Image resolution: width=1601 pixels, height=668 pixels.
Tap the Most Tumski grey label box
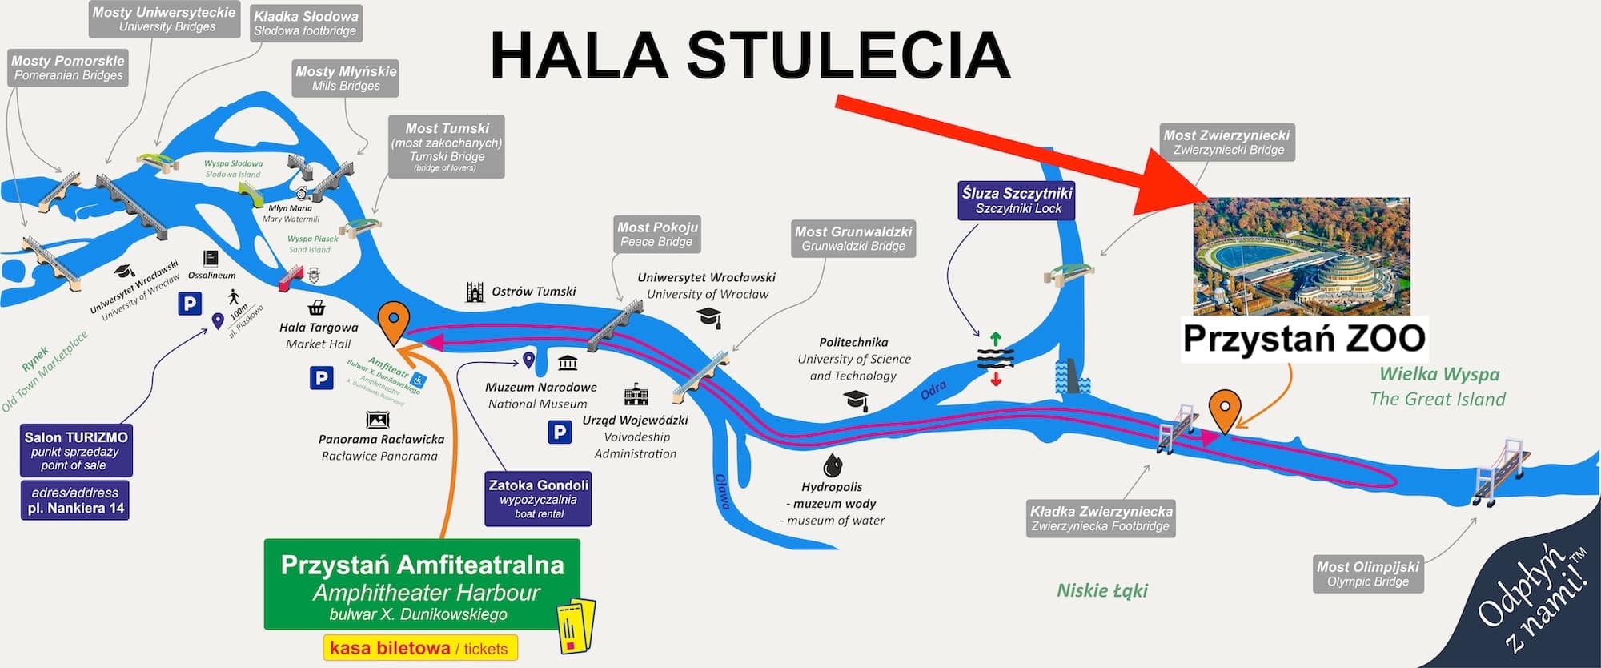coord(447,147)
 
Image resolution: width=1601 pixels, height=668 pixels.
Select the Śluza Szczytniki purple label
coord(1017,200)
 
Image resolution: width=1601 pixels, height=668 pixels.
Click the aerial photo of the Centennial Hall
coord(1302,256)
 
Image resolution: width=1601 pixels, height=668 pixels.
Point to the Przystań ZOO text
coord(1304,338)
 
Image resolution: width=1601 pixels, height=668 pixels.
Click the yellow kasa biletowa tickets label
coord(419,648)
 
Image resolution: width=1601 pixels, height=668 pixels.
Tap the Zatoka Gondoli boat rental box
coord(538,498)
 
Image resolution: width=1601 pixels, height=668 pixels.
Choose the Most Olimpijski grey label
coord(1368,573)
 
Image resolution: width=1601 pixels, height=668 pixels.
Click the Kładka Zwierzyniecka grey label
coord(1101,518)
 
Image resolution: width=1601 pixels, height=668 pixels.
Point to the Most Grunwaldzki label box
coord(853,239)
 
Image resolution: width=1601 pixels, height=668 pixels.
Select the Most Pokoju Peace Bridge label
coord(657,234)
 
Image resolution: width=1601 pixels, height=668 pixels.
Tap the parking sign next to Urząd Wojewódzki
coord(560,433)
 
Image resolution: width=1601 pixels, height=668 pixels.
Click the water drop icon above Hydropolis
coord(833,464)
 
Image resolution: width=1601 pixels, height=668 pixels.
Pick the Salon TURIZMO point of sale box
coord(75,450)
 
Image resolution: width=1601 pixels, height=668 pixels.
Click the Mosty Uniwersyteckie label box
coord(164,19)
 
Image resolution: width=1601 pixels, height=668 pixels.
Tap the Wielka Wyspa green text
coord(1438,374)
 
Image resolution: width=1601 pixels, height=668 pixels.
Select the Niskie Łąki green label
coord(1102,591)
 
